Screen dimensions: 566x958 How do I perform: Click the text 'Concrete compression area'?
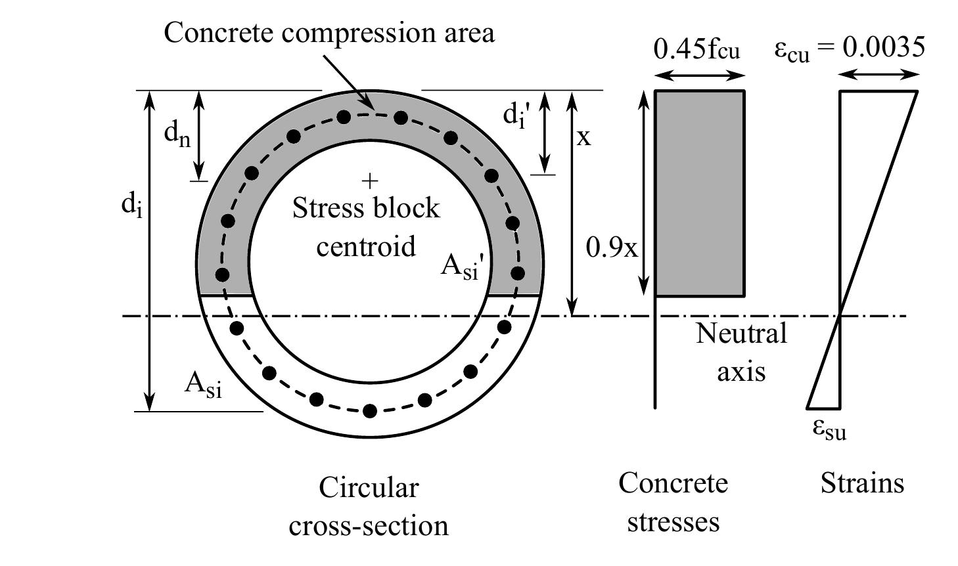[329, 32]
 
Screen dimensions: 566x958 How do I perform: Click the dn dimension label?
[177, 135]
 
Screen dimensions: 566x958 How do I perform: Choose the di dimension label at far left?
[131, 206]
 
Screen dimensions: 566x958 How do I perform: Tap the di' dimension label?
[516, 116]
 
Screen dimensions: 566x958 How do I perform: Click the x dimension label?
[583, 137]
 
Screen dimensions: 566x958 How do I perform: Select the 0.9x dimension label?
[611, 248]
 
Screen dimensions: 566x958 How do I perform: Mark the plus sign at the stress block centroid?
[371, 180]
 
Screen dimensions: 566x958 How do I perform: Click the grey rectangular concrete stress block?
[700, 193]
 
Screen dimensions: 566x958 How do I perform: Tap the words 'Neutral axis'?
[741, 352]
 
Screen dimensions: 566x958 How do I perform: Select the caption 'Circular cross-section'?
[369, 506]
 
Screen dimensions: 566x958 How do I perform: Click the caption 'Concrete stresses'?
[673, 502]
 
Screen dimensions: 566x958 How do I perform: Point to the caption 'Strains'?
[862, 484]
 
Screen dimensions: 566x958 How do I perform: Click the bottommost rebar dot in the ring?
[370, 411]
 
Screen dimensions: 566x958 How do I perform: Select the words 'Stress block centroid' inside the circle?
[366, 227]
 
